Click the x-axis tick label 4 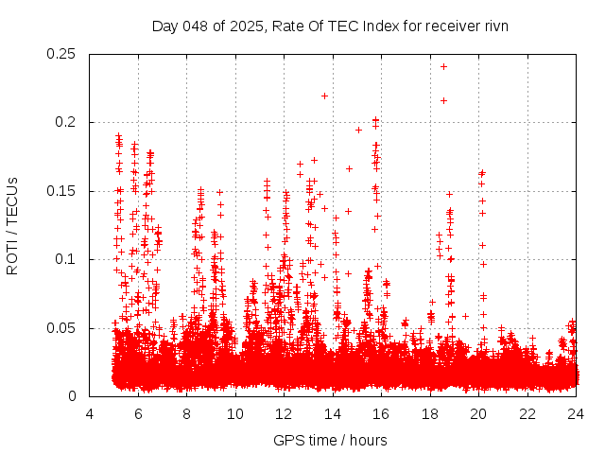click(x=90, y=414)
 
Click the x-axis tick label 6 click(x=138, y=414)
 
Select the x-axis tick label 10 click(x=235, y=414)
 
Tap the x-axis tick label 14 click(x=333, y=414)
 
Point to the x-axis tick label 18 click(x=430, y=414)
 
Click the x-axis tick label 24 click(x=576, y=414)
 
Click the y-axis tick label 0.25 click(x=62, y=54)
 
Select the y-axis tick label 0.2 click(x=66, y=122)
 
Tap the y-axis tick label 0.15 click(x=62, y=191)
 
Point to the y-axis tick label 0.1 click(x=66, y=259)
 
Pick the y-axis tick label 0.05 click(x=62, y=328)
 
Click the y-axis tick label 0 click(x=74, y=396)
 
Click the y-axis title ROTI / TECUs click(x=12, y=225)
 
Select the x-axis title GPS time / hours click(x=330, y=440)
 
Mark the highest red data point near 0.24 click(x=443, y=66)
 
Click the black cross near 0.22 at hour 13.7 click(x=324, y=96)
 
